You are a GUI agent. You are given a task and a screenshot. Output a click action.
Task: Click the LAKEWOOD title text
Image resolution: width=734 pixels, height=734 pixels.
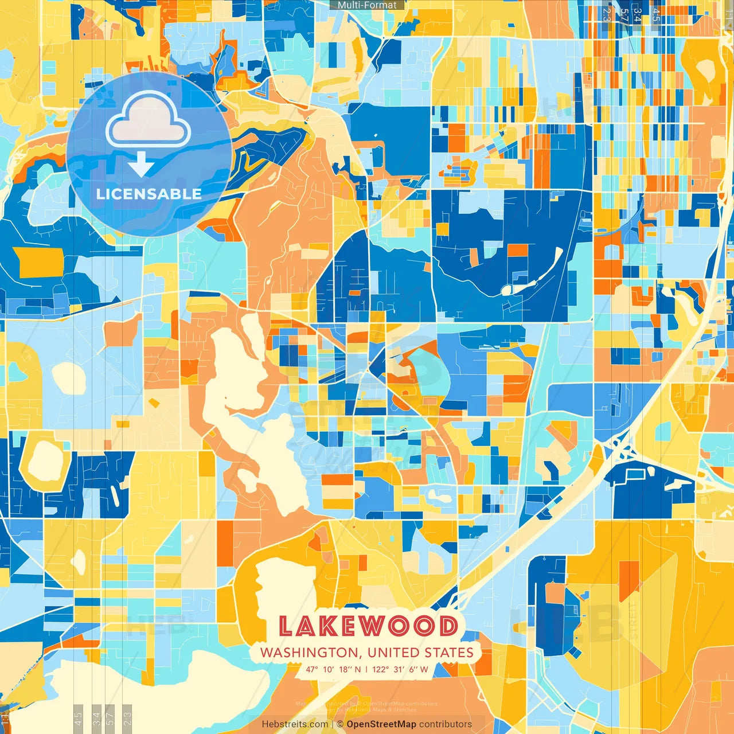click(368, 626)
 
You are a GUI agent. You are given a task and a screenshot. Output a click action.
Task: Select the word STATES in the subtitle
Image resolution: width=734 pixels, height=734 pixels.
click(449, 653)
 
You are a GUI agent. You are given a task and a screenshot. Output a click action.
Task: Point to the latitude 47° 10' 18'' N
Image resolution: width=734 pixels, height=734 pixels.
click(333, 669)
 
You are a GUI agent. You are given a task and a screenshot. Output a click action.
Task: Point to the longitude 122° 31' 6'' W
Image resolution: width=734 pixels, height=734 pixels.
click(400, 669)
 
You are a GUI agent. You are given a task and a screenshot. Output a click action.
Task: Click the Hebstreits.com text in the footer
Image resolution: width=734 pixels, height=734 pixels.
click(295, 724)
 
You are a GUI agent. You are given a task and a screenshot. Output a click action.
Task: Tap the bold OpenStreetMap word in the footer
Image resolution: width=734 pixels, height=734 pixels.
click(381, 724)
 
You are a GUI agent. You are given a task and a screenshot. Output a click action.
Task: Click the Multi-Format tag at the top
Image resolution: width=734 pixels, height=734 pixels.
click(367, 5)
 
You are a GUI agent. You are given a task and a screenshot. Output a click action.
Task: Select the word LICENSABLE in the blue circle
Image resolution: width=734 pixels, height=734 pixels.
click(149, 194)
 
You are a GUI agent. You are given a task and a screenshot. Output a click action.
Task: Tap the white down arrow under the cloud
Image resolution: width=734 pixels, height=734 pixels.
click(141, 165)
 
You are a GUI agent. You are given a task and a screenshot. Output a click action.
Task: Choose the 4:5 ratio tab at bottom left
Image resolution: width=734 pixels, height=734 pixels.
click(79, 719)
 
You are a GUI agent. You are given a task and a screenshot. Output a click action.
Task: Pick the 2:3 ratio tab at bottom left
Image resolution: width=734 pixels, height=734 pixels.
click(127, 719)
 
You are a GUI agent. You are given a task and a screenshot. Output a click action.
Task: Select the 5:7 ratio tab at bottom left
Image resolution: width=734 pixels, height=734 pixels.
click(111, 719)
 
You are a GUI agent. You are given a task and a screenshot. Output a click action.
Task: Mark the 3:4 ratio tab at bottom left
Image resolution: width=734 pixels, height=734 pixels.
click(96, 719)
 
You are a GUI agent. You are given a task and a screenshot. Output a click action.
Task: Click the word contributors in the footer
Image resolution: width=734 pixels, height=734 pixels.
click(446, 724)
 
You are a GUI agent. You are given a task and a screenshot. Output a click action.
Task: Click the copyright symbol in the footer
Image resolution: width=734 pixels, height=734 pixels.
click(339, 724)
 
